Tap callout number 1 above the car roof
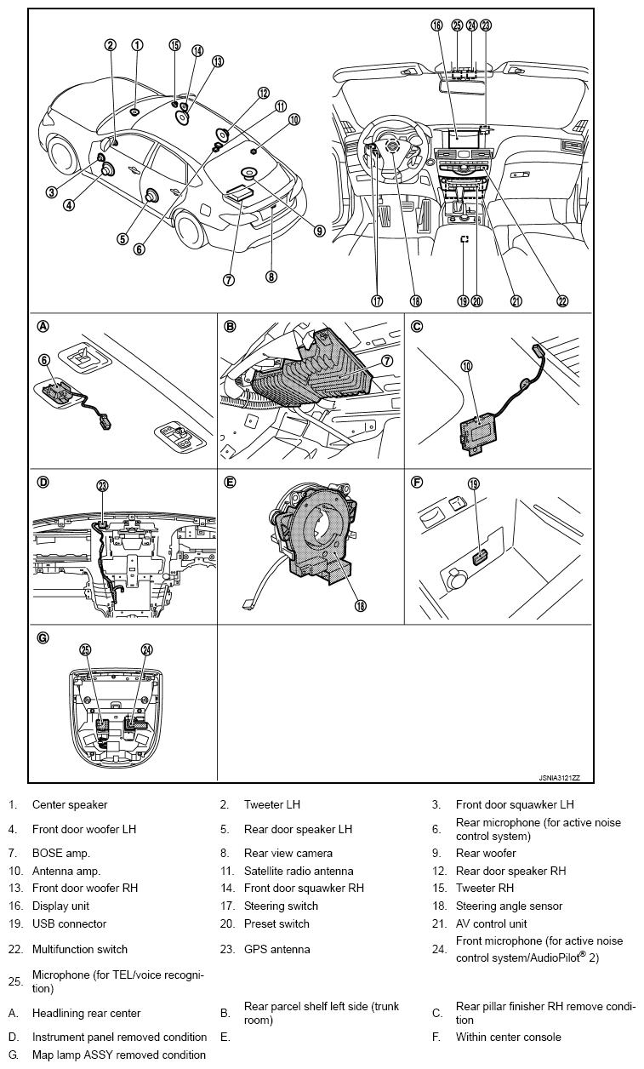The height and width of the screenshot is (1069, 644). (137, 44)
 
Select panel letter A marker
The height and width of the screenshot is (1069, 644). (43, 326)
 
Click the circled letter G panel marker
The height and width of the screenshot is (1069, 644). (43, 637)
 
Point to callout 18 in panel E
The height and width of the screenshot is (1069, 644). (360, 606)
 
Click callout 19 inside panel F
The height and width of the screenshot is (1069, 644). (473, 483)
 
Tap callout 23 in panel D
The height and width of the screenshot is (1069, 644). (102, 486)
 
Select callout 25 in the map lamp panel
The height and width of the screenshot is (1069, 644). (85, 649)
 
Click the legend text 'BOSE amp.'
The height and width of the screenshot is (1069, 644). (60, 853)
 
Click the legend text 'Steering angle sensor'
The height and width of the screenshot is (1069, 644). (509, 906)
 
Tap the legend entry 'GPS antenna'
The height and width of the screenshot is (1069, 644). (276, 949)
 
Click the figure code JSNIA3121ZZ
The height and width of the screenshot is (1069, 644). (559, 778)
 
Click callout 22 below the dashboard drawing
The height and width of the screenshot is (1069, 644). (562, 300)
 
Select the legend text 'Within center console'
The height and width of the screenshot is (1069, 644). (508, 1037)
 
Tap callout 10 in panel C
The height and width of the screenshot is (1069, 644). (466, 365)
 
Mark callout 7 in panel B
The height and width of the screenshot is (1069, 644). (387, 361)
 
